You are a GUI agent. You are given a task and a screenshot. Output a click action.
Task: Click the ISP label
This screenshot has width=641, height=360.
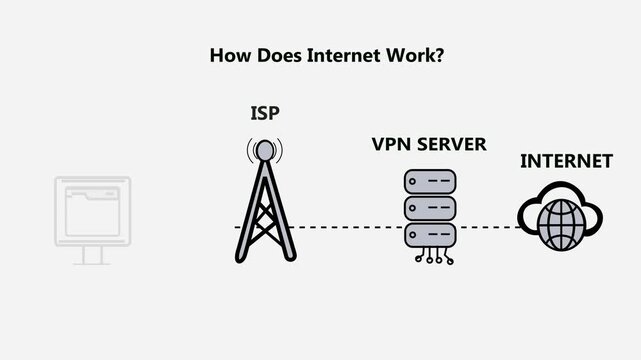point(264,114)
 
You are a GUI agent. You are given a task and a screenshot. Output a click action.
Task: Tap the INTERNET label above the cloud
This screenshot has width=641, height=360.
point(566,161)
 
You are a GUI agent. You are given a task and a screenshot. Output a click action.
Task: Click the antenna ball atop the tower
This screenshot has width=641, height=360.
point(264,151)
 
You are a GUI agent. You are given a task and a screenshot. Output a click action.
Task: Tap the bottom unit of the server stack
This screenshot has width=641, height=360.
point(429,236)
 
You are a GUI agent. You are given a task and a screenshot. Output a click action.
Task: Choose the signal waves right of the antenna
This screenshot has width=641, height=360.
point(279,151)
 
